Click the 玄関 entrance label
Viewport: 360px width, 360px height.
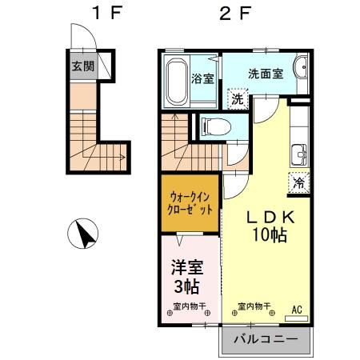point(82,66)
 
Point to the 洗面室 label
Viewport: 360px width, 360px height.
point(265,73)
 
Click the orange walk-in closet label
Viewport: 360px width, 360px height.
point(191,203)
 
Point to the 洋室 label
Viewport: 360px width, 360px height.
point(185,266)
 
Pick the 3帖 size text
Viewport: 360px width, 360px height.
point(185,285)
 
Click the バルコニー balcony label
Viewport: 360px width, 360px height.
point(266,339)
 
